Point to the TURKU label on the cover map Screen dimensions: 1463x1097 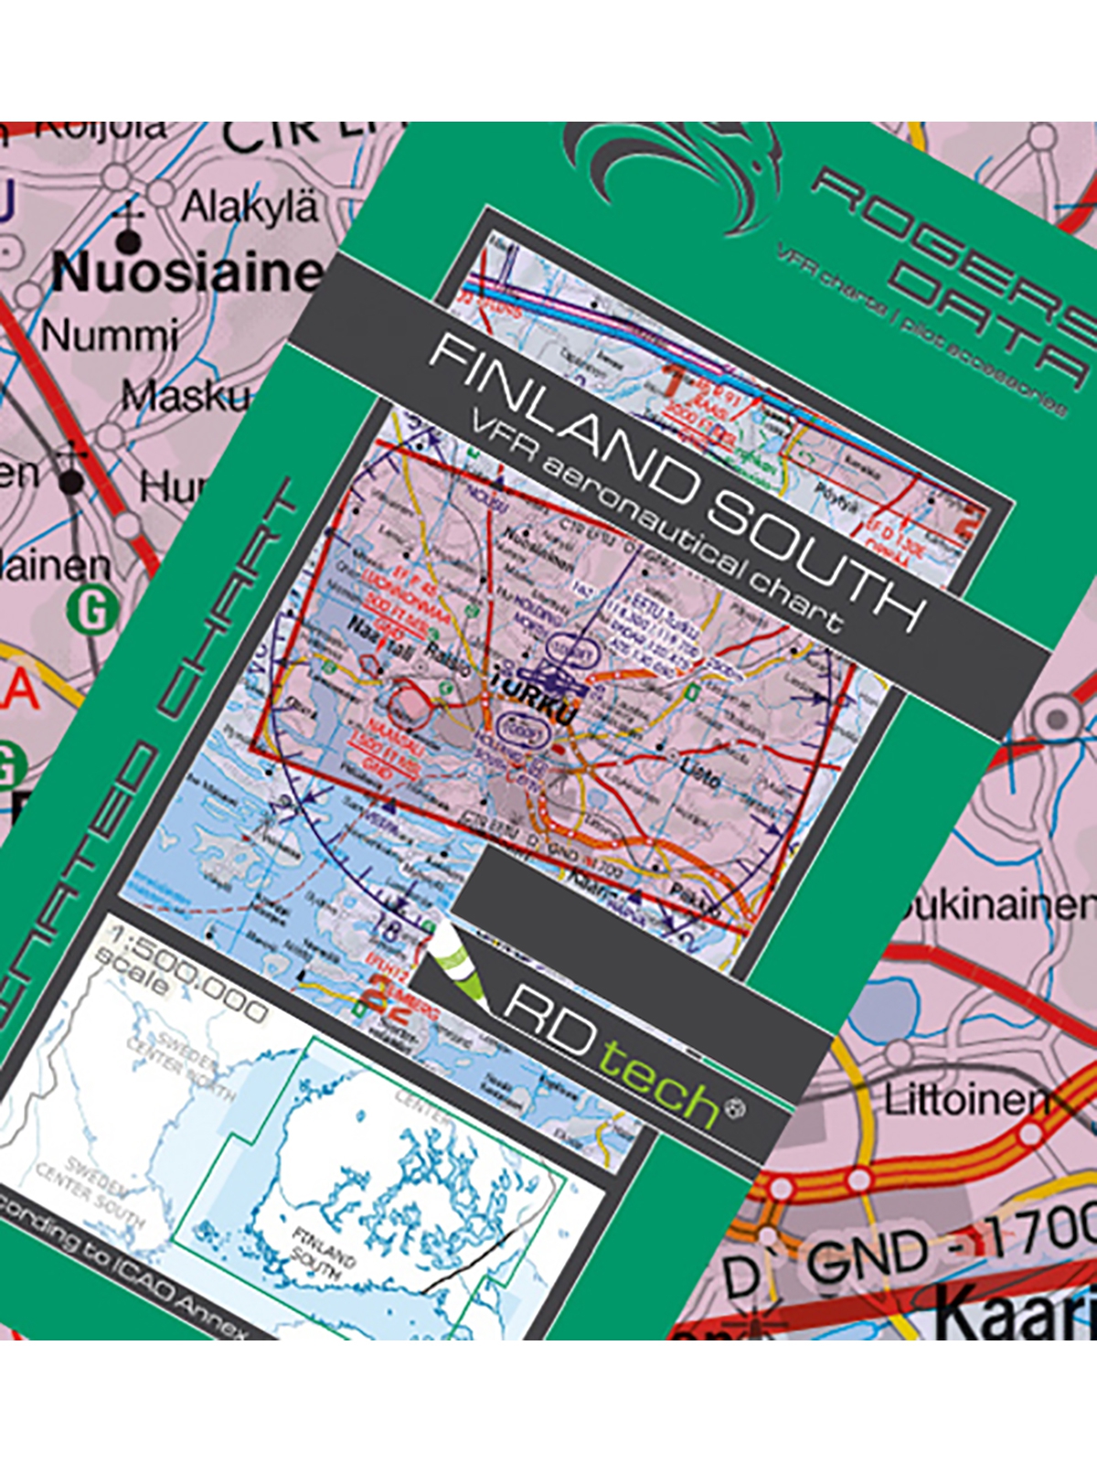536,699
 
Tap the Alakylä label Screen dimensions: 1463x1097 250,207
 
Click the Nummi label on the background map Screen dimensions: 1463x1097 110,336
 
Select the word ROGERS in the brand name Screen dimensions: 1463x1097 951,233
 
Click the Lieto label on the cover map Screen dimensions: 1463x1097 700,774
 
